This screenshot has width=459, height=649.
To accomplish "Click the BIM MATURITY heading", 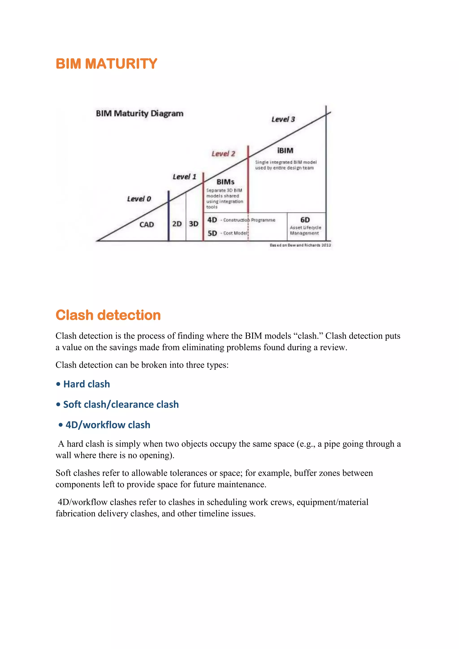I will coord(106,64).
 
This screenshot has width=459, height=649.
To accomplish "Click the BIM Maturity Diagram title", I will coord(140,114).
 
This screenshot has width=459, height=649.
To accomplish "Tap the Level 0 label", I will coord(139,199).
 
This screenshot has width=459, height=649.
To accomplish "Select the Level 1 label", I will coord(184,177).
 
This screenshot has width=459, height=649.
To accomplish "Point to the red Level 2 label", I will coord(223,154).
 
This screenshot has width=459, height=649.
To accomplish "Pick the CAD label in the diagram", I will coord(147,225).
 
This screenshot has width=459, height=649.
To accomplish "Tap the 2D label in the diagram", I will coord(177,224).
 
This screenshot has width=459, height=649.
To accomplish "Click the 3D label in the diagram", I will coord(194,224).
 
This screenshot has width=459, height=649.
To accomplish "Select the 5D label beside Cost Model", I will coord(212,233).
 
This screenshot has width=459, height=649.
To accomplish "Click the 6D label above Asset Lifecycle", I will coord(305,220).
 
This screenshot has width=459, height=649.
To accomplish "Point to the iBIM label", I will coord(285,151).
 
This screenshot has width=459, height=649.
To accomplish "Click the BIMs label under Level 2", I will coord(225,182).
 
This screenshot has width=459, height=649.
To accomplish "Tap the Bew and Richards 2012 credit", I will coord(300,245).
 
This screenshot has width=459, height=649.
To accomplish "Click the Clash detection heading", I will coord(108,315).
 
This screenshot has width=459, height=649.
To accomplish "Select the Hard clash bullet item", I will coord(87,384).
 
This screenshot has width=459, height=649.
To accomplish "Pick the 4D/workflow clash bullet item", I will coord(108,425).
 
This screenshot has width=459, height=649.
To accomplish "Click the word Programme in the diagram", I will coord(263,220).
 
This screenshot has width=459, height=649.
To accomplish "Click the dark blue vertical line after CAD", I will coord(169,216).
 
